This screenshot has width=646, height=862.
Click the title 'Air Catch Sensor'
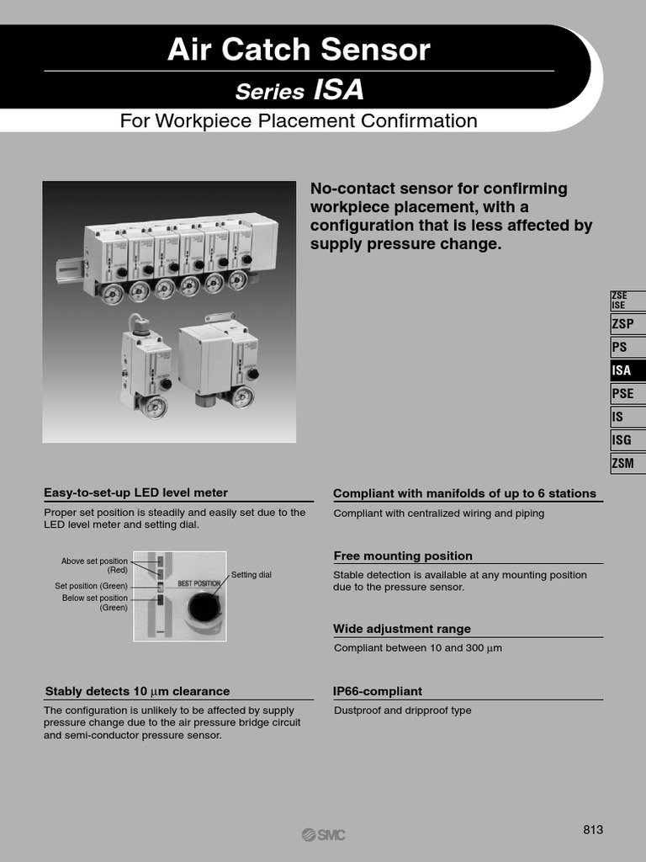(299, 51)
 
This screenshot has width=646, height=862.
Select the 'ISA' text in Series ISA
(339, 90)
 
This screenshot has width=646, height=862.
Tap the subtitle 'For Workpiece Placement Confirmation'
(299, 120)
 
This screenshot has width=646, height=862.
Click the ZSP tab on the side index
(626, 324)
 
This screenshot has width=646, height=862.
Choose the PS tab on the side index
(626, 347)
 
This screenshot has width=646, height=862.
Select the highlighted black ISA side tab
(626, 370)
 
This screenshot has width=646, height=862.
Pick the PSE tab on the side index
(626, 393)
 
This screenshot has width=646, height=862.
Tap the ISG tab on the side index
(626, 439)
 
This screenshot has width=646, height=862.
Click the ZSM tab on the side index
(626, 462)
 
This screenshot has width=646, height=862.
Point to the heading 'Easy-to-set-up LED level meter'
(135, 492)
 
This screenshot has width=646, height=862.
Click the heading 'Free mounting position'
(403, 556)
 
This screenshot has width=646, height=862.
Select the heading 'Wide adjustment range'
(402, 629)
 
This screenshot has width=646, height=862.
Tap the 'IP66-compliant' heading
(378, 691)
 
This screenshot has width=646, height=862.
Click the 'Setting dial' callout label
(252, 575)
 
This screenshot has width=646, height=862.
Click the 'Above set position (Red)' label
(94, 565)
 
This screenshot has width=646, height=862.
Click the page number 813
(593, 830)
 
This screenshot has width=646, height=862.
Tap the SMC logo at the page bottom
(323, 834)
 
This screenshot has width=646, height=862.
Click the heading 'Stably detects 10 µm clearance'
(137, 691)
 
